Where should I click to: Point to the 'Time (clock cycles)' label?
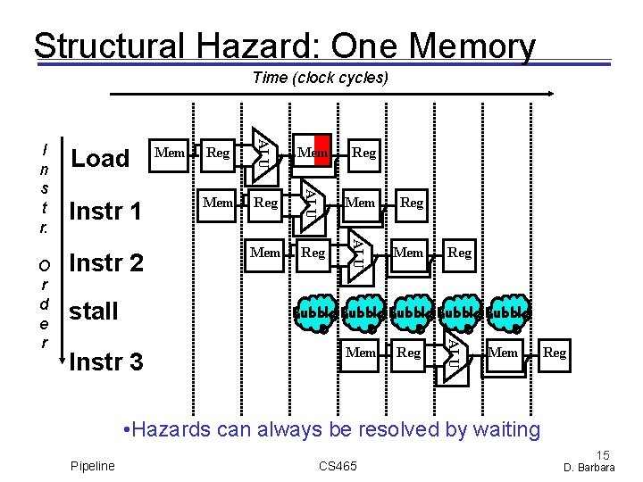pyautogui.click(x=321, y=78)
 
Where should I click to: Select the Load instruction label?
pyautogui.click(x=100, y=159)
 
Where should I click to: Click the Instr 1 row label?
pyautogui.click(x=105, y=212)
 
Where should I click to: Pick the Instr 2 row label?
pyautogui.click(x=105, y=263)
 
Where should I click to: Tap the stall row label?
pyautogui.click(x=94, y=312)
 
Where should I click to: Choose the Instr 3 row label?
pyautogui.click(x=105, y=362)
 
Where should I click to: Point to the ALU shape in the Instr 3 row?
pyautogui.click(x=454, y=352)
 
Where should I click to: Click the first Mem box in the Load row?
pyautogui.click(x=170, y=153)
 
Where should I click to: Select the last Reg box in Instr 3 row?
pyautogui.click(x=555, y=353)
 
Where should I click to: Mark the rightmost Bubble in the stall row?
pyautogui.click(x=507, y=313)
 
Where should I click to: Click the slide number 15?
pyautogui.click(x=605, y=455)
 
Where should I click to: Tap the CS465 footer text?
pyautogui.click(x=337, y=466)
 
